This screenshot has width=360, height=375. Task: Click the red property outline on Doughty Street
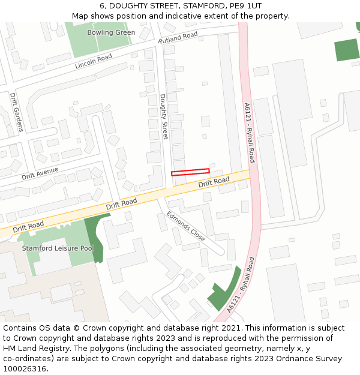point(190,172)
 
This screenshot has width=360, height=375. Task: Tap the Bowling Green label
point(111,32)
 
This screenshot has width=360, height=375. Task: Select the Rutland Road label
point(178,38)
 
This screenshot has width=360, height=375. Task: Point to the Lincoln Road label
point(94,61)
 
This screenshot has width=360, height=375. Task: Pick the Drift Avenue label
point(40,173)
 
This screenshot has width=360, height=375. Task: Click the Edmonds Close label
point(186,226)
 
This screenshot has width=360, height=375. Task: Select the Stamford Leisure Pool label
point(58,248)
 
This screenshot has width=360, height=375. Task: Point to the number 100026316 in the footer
point(25,369)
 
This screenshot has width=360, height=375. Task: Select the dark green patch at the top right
point(347,49)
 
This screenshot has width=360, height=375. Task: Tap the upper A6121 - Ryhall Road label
point(249,133)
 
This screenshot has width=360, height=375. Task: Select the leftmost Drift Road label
point(28,226)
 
